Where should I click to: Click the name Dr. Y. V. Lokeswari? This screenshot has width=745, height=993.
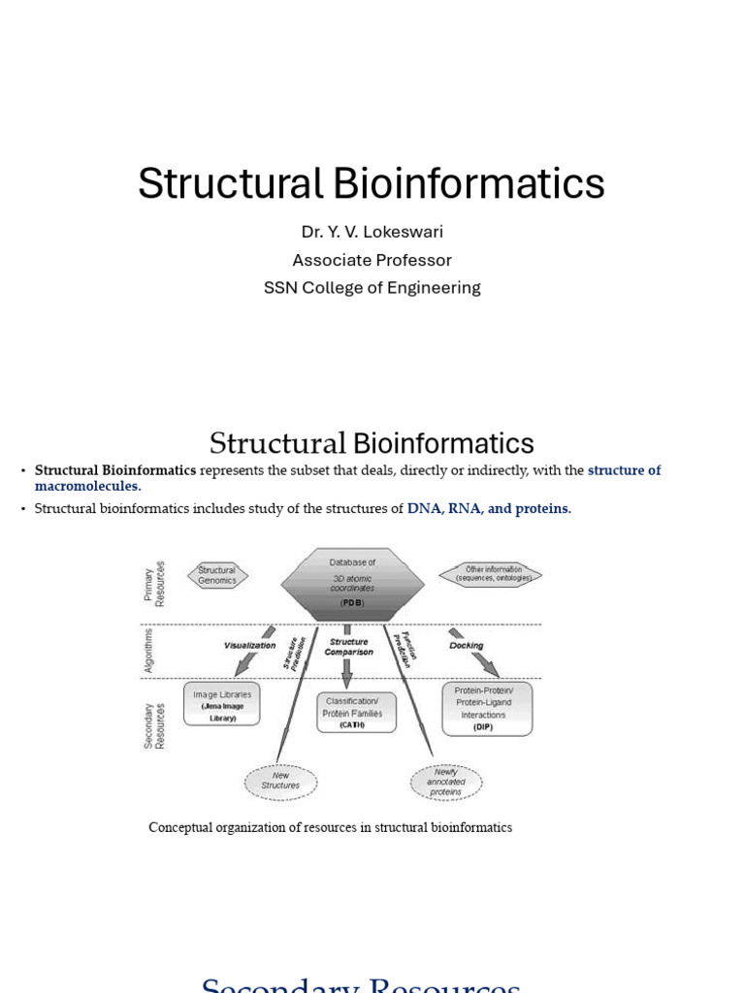372,232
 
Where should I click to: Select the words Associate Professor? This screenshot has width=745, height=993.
372,260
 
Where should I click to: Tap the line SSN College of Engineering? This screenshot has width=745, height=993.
372,288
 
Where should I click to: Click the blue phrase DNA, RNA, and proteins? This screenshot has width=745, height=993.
489,508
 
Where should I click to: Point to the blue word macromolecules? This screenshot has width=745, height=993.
86,486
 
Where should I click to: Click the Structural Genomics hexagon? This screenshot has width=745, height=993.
216,576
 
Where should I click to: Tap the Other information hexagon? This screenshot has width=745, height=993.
491,574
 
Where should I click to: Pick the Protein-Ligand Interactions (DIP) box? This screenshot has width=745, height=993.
486,709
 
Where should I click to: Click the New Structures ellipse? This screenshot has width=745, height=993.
280,781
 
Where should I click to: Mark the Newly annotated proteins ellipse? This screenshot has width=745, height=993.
446,781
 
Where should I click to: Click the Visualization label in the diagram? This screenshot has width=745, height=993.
249,645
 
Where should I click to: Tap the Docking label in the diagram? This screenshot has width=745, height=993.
467,645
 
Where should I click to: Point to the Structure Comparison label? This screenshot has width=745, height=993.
349,647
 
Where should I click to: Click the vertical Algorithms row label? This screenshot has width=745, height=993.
149,650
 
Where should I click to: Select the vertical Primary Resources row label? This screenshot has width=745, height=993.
154,584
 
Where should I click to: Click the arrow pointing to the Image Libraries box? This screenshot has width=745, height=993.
247,662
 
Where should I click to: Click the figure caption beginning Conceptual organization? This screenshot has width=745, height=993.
330,827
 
